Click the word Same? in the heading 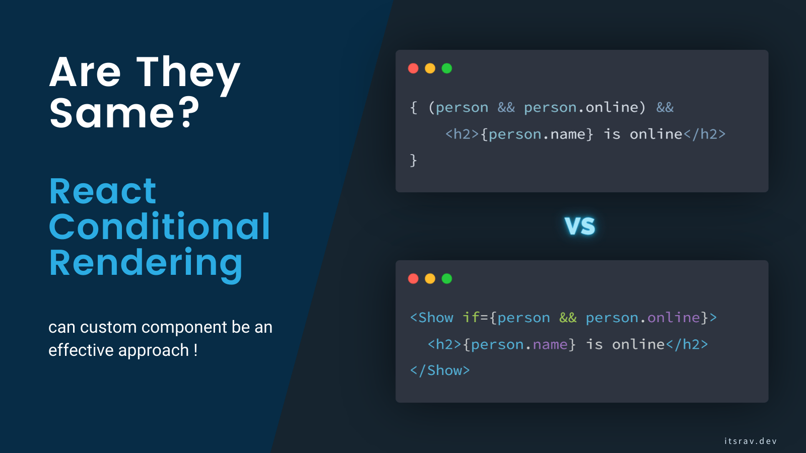pyautogui.click(x=124, y=113)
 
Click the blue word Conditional pyautogui.click(x=159, y=226)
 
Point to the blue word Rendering pyautogui.click(x=146, y=263)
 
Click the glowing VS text pyautogui.click(x=580, y=226)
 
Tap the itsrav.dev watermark pyautogui.click(x=750, y=441)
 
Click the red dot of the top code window pyautogui.click(x=413, y=68)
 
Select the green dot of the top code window pyautogui.click(x=447, y=68)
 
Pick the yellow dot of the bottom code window pyautogui.click(x=430, y=279)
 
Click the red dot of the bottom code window pyautogui.click(x=413, y=279)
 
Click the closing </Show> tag pyautogui.click(x=440, y=371)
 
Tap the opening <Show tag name pyautogui.click(x=432, y=318)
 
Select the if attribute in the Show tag pyautogui.click(x=471, y=317)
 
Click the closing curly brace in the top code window pyautogui.click(x=414, y=161)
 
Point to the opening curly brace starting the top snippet pyautogui.click(x=414, y=108)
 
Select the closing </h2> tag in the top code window pyautogui.click(x=704, y=134)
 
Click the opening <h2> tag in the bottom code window pyautogui.click(x=444, y=345)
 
